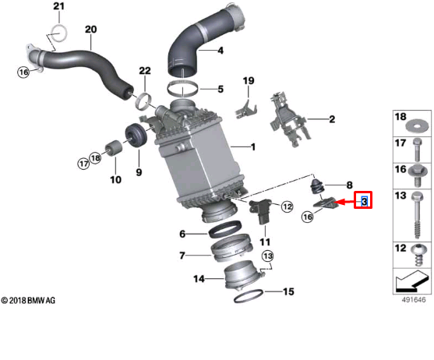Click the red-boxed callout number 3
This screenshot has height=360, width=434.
point(364,202)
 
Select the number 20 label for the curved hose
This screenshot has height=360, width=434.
point(91,30)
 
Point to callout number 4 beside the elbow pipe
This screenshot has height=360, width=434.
point(220,51)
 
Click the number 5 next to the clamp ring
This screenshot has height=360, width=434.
point(221,89)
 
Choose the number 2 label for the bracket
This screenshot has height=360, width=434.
point(331,119)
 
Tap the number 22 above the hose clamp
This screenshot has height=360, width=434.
point(144,71)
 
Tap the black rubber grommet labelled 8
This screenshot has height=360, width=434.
point(317,188)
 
